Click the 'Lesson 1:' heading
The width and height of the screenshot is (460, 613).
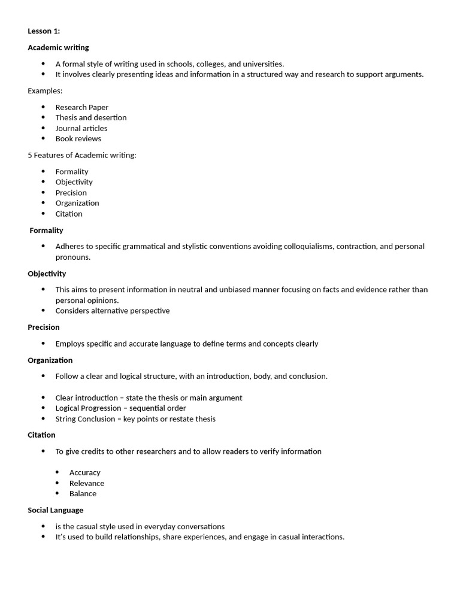click(x=44, y=31)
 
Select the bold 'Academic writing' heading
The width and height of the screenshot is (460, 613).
click(x=58, y=47)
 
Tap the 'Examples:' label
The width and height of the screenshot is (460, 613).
click(x=45, y=90)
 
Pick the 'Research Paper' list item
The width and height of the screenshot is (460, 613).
click(x=82, y=107)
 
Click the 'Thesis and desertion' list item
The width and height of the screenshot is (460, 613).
click(x=91, y=117)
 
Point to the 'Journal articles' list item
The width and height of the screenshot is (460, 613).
click(x=81, y=128)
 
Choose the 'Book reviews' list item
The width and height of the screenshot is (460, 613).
click(x=78, y=138)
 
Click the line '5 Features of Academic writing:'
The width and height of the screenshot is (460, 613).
click(x=82, y=155)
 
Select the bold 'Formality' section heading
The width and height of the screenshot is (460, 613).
click(x=46, y=230)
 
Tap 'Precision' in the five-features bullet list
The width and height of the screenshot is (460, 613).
click(x=71, y=192)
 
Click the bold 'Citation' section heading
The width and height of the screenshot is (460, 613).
click(x=41, y=435)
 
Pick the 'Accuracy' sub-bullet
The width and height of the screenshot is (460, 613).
click(x=85, y=472)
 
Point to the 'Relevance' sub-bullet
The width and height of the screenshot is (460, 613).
click(x=87, y=483)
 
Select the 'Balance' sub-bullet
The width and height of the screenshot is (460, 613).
click(x=83, y=493)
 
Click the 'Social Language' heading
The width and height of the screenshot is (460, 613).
click(x=56, y=510)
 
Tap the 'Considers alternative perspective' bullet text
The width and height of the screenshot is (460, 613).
click(x=113, y=311)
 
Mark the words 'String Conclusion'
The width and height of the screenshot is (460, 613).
click(x=85, y=418)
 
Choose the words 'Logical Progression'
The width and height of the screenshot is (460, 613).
click(x=88, y=408)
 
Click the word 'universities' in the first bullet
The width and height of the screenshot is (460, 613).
click(x=261, y=63)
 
